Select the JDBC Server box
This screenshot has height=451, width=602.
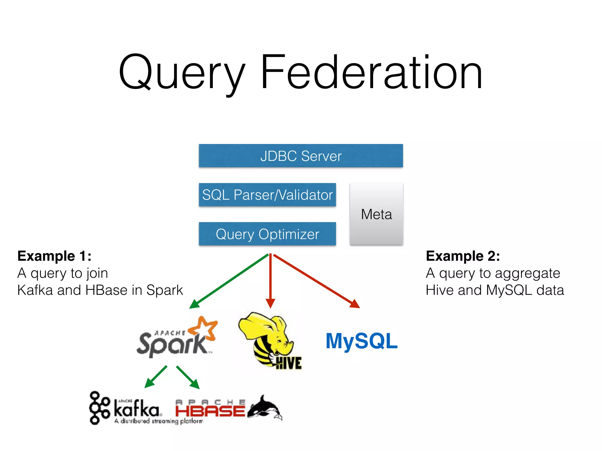pos(301,156)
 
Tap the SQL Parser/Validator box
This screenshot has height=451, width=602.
pos(267,195)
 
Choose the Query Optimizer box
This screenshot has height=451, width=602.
pos(267,234)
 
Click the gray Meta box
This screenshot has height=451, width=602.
pos(376,214)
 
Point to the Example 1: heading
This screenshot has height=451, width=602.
pos(54,256)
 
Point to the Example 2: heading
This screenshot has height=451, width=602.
pos(463,256)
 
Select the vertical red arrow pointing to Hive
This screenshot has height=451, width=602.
pos(270,279)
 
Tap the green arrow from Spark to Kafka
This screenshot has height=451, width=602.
pos(156,377)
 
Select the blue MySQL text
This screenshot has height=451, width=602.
pos(362,341)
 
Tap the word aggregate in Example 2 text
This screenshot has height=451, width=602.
pos(527,273)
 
